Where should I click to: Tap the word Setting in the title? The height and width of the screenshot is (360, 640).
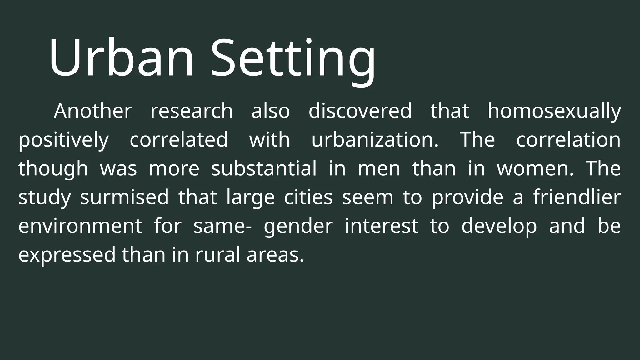coord(293,59)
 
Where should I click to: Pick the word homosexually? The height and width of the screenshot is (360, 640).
coord(554,112)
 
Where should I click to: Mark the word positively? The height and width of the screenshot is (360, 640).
coord(63,140)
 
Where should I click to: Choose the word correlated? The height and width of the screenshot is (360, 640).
coord(179,140)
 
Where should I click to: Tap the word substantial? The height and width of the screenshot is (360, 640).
coord(264,168)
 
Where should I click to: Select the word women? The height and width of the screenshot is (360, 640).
coord(535,168)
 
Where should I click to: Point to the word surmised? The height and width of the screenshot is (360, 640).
coord(124,197)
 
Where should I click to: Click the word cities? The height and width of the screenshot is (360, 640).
coord(308,197)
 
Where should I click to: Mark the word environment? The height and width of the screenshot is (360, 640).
coord(80,226)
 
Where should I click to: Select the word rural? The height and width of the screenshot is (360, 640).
coord(217,255)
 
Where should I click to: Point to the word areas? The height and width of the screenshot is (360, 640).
coord(275,255)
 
